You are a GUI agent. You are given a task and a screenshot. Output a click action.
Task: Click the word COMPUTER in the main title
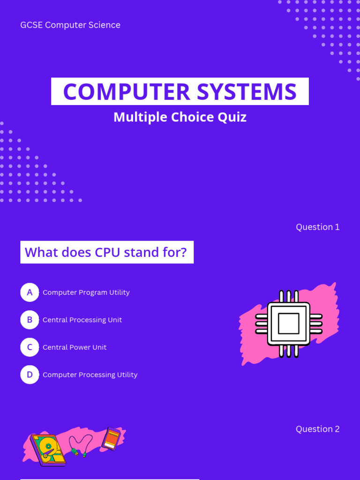click(127, 92)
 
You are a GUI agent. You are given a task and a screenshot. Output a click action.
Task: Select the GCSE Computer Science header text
click(70, 25)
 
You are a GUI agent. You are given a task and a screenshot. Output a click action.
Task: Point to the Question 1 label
click(317, 227)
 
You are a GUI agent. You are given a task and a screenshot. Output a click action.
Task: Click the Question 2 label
click(317, 429)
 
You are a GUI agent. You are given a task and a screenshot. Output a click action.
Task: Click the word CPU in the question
click(107, 253)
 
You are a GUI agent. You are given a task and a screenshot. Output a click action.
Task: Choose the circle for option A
click(30, 292)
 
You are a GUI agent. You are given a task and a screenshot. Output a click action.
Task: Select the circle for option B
click(30, 320)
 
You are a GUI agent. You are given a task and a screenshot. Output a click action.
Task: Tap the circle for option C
click(30, 347)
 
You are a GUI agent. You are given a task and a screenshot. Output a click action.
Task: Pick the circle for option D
click(30, 375)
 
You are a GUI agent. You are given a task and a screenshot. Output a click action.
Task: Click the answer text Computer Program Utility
click(86, 292)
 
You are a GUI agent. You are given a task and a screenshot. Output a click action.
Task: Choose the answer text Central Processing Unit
click(82, 320)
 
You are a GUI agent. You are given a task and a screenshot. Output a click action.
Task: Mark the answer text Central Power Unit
click(75, 347)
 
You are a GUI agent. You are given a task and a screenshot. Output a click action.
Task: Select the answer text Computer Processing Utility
click(90, 375)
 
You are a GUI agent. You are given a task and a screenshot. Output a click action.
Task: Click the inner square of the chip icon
click(288, 323)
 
